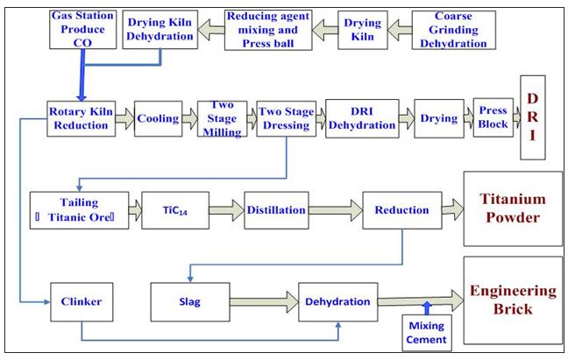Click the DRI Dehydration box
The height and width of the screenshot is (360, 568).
[362, 118]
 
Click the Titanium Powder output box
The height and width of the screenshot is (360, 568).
[513, 211]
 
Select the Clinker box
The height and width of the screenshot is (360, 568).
[82, 302]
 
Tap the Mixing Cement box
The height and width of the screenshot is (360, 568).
[425, 333]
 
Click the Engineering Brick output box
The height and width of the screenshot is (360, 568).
[513, 302]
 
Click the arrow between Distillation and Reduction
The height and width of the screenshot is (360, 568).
[336, 211]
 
